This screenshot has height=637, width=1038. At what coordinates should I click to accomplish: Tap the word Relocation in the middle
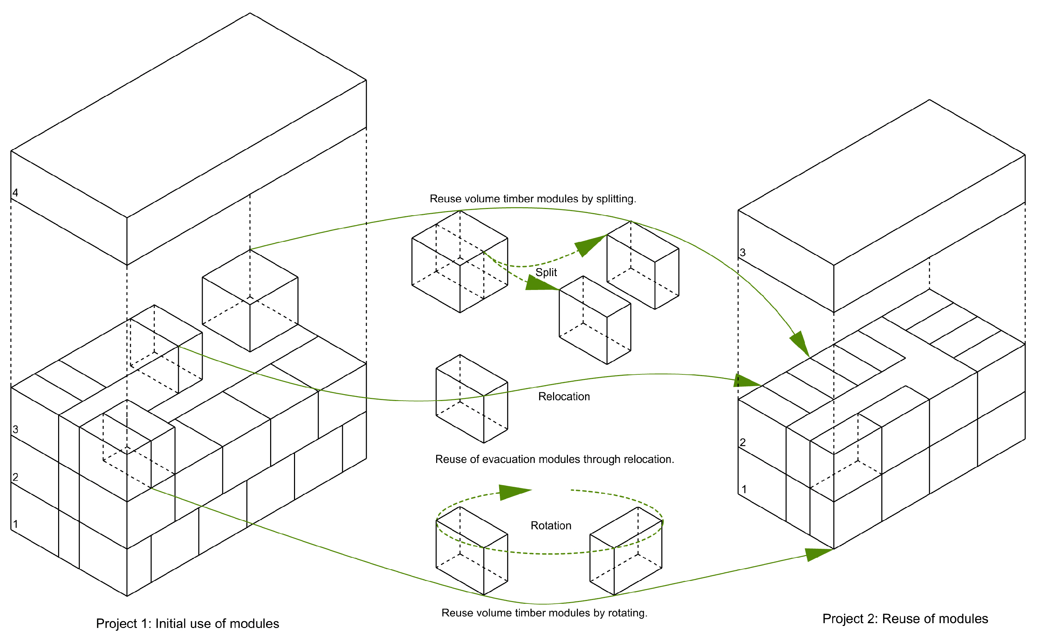(564, 397)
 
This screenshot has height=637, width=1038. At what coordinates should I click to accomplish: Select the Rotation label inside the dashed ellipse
(551, 526)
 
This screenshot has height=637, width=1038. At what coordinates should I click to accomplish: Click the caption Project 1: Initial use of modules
(187, 624)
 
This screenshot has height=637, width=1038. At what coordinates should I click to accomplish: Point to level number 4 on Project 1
(15, 193)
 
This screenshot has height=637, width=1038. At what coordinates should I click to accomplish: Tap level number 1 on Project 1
(15, 525)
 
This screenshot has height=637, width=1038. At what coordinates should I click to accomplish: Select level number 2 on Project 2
(743, 442)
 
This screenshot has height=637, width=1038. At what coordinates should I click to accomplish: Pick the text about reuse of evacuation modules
(554, 459)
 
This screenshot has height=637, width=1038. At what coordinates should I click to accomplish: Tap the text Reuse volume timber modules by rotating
(544, 613)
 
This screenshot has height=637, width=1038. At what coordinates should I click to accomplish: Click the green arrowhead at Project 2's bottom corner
(817, 554)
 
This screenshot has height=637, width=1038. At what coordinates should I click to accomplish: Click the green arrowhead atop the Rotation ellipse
(514, 492)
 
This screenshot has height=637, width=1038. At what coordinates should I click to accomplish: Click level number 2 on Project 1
(15, 477)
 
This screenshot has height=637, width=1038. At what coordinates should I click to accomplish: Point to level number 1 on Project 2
(744, 489)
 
